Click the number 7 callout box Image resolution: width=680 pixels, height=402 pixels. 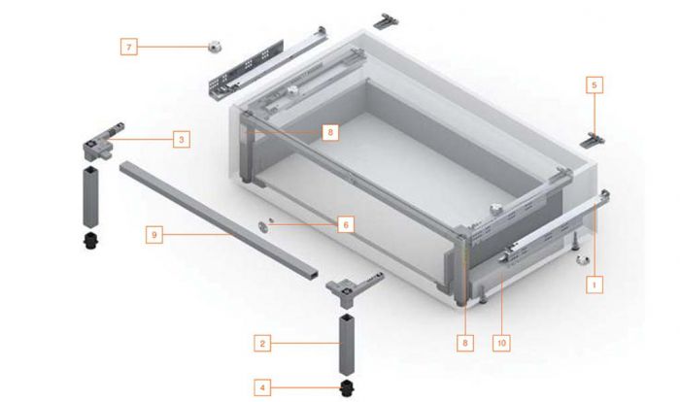pos(129,47)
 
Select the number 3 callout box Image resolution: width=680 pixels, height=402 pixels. pos(182,140)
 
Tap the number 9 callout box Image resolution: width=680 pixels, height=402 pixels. pos(153,235)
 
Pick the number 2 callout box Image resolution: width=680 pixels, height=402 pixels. pos(262,344)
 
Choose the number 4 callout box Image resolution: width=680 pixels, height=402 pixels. pos(262,387)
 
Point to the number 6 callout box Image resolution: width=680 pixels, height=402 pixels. pos(346,225)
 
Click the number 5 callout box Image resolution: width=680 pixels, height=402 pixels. pos(595,85)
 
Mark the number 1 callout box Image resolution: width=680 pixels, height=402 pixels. pos(595,285)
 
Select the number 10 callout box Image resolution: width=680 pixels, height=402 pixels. pos(501,343)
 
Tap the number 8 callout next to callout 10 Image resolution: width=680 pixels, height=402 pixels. pos(465,343)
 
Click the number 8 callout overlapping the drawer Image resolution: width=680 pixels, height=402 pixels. pos(330,132)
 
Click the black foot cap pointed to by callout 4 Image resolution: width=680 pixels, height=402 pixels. pos(347,387)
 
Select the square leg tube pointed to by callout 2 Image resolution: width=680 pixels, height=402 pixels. pos(347,345)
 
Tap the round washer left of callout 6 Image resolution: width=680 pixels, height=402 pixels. pos(263,225)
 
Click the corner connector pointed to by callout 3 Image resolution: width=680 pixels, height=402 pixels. pos(103,142)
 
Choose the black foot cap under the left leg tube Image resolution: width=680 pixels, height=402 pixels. pos(90,241)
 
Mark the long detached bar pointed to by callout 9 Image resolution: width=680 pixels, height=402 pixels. pos(219,220)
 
